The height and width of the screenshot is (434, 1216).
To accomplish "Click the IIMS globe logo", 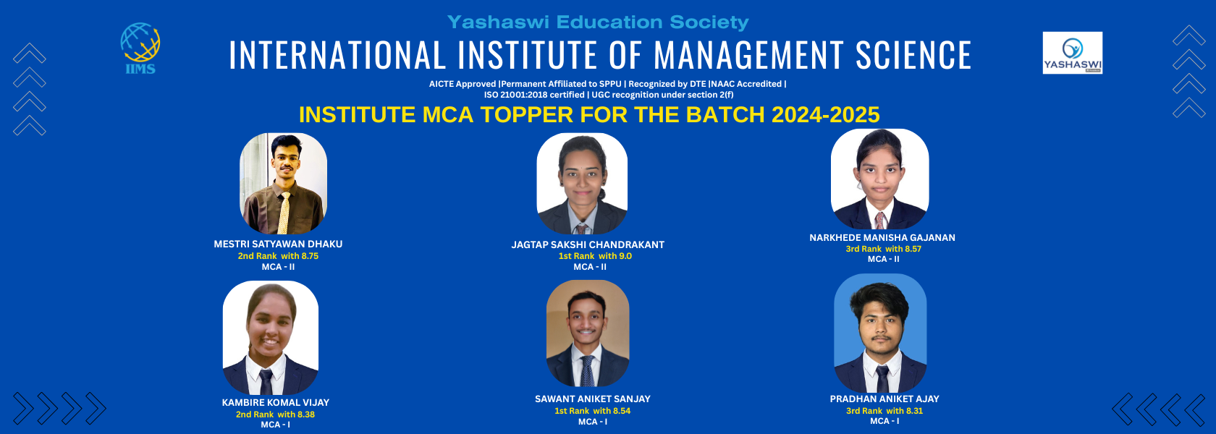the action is click(140, 48).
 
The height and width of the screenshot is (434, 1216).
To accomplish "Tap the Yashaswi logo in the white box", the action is click(1072, 53).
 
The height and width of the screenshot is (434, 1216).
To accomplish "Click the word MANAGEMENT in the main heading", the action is click(748, 55).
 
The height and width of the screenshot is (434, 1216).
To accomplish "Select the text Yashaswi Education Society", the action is click(598, 22).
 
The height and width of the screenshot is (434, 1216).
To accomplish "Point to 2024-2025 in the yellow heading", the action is click(825, 115).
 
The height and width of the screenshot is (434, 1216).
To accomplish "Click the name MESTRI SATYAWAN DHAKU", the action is click(278, 244).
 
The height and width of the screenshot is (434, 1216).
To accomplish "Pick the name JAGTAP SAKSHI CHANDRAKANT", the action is click(588, 244).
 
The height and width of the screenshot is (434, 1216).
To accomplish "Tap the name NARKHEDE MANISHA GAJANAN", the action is click(882, 237).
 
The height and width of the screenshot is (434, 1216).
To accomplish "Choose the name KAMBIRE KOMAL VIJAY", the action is click(275, 402).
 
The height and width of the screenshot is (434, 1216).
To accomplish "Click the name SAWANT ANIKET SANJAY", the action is click(592, 399).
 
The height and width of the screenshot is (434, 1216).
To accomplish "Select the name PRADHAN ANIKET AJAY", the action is click(884, 399).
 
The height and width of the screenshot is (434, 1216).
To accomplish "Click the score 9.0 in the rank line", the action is click(625, 256).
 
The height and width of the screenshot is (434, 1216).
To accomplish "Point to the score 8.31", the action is click(914, 411).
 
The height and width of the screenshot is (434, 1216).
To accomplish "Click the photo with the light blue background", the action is click(880, 333).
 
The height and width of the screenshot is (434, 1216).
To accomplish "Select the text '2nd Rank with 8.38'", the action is click(275, 414).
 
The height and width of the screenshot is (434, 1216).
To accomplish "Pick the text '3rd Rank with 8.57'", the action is click(883, 249).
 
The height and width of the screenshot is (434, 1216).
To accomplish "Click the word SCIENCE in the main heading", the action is click(913, 55).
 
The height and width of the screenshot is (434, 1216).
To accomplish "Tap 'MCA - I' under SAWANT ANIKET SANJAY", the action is click(592, 422).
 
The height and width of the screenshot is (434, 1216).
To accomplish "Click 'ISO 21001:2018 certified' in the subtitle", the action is click(534, 95).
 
